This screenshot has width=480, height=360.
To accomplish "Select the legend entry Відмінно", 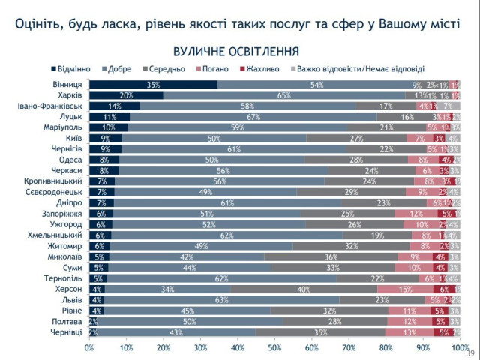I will coord(75,69).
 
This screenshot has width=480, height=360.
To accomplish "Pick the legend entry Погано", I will coord(217,69).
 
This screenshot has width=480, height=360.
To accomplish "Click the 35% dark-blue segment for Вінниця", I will coord(153,85).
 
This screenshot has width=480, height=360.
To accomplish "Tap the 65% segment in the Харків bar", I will coord(284,95).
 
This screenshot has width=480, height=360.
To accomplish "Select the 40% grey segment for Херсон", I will coord(304,289).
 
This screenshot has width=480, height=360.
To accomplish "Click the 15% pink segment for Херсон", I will coord(405,289).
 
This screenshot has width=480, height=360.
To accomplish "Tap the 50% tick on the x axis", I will coord(274,347).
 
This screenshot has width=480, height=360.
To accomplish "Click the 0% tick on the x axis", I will coord(89,347).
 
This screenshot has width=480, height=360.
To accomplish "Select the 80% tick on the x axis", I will coord(385,347).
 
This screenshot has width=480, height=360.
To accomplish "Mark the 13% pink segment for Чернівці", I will coord(409,331).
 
